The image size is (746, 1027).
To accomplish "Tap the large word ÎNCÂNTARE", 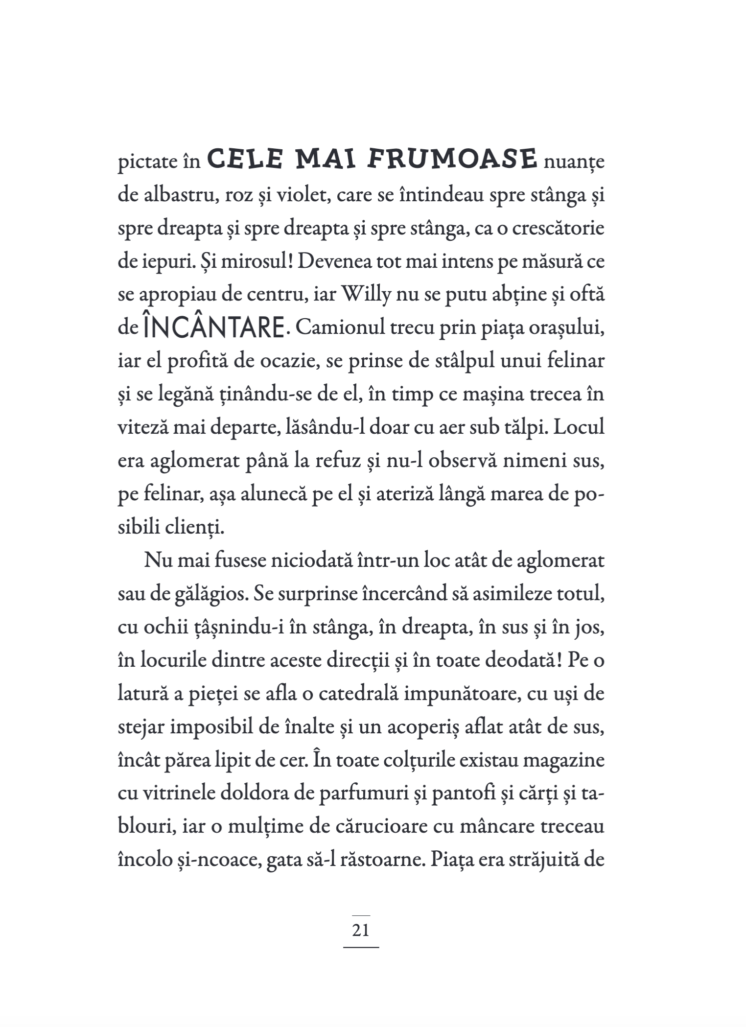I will pos(214,327).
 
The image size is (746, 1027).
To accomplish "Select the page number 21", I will pos(361,929).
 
